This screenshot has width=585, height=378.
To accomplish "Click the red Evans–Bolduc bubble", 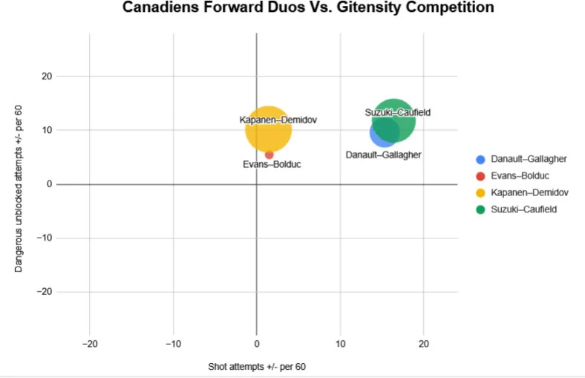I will point(269,154).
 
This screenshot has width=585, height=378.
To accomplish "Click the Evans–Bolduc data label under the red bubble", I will point(272,164).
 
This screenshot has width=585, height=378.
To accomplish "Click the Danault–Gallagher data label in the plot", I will point(384,154).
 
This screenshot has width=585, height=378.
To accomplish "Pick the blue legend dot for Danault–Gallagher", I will point(480,159).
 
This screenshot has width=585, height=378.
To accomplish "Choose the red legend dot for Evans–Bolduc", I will point(480,176).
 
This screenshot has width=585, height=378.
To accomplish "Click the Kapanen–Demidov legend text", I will point(529,192).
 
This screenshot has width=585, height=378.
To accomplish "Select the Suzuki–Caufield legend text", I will point(523,209).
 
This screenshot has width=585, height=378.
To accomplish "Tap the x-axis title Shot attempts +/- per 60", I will point(256,367).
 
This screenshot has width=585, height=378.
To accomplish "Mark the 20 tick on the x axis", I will point(423,344).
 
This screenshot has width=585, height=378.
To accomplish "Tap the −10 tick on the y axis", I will point(44,238).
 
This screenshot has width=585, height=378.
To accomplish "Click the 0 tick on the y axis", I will point(48,184).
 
